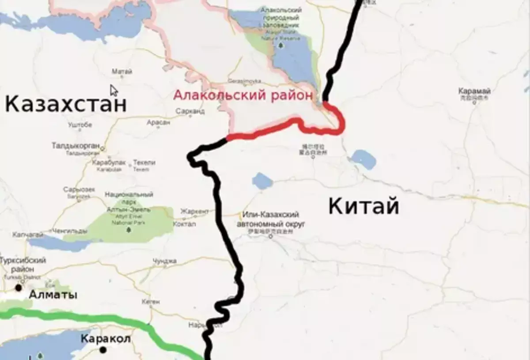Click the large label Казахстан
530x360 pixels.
coord(66,105)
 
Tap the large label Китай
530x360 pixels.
coord(363,206)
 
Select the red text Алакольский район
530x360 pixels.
coord(243,95)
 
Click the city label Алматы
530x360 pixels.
coord(53,295)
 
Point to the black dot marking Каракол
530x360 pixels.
coord(103,350)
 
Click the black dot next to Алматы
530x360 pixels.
coord(19,288)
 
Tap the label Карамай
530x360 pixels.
coord(474,91)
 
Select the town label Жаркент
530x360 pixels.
coord(194,211)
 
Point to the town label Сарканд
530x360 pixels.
coord(190,111)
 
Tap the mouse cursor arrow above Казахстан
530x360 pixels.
coord(114,90)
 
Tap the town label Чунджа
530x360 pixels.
coord(164,261)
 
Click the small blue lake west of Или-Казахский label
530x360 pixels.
coord(262,180)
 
